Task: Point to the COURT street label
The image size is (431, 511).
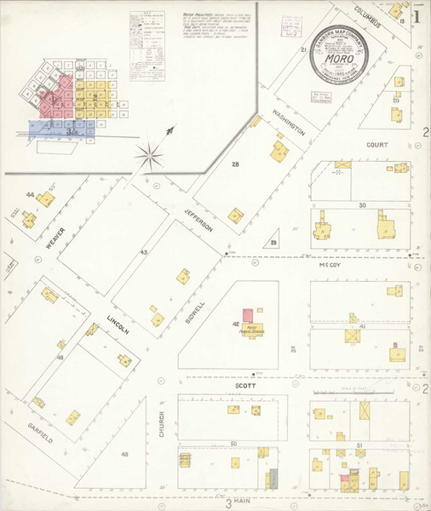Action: pos(377,145)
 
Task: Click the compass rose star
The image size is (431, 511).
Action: pos(151,155)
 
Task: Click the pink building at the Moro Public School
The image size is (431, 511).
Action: pos(248,315)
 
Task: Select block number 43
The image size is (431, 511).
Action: pos(144,252)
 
